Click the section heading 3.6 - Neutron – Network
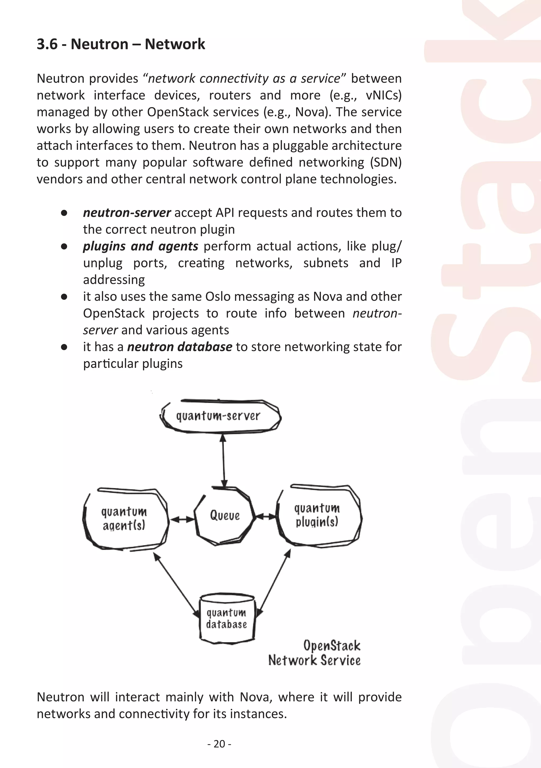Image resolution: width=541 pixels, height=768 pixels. tap(121, 44)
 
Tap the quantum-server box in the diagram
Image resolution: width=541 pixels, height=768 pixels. tap(220, 416)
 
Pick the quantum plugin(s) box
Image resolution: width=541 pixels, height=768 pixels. tap(318, 515)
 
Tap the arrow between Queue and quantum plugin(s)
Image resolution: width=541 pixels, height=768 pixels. tap(265, 517)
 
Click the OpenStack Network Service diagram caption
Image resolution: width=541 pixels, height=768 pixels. tap(315, 653)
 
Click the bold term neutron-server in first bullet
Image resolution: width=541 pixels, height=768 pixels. tap(127, 213)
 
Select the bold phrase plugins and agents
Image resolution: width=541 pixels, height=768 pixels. tap(141, 246)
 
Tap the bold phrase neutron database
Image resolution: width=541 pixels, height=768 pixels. tap(180, 347)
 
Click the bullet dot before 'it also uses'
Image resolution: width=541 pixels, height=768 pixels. tap(64, 297)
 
